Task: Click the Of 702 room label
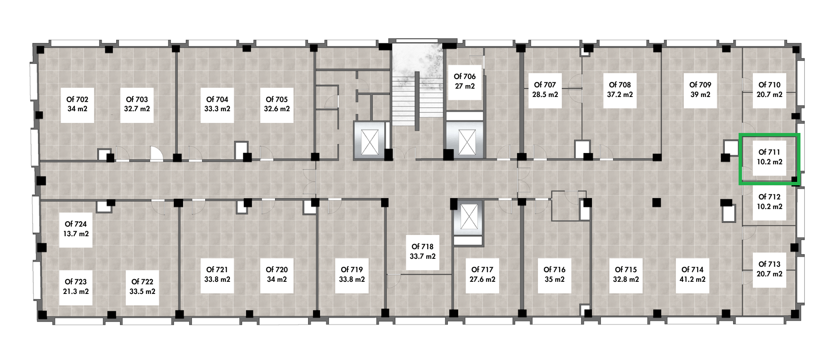pos(77,104)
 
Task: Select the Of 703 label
pos(137,104)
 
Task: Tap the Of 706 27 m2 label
pos(465,82)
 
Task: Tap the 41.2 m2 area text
pos(693,279)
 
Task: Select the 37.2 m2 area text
pos(620,94)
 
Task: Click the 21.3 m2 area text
pos(76,291)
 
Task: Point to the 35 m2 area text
pos(555,279)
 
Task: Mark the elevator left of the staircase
pos(370,141)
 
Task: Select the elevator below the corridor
pos(468,218)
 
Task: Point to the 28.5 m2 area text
pos(545,94)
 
